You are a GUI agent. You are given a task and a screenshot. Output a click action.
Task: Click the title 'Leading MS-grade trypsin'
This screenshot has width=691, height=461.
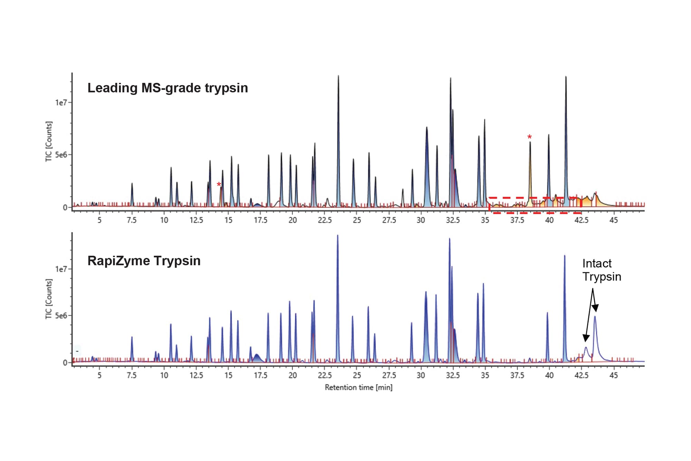click(168, 88)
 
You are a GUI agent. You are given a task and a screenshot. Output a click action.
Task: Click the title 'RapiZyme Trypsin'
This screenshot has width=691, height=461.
click(144, 261)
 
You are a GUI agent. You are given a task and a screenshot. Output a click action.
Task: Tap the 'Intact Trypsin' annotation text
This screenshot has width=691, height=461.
click(601, 270)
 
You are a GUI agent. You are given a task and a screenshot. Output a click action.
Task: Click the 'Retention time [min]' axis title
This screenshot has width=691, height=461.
click(358, 387)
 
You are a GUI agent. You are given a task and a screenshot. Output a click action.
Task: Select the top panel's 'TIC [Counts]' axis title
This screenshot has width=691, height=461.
click(49, 141)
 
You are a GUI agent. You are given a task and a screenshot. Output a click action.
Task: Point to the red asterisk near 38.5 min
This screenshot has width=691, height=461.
click(529, 137)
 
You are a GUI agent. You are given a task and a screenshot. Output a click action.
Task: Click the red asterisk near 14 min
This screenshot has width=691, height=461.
click(219, 185)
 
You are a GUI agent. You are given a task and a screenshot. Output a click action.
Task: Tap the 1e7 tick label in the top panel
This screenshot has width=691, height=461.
click(61, 103)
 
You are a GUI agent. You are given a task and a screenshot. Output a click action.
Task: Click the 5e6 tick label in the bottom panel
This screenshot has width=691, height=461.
click(61, 316)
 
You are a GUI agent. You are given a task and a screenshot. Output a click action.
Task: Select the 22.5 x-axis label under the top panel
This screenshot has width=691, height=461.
click(324, 220)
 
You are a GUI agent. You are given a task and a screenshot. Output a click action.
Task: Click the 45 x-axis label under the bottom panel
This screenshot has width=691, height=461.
click(613, 375)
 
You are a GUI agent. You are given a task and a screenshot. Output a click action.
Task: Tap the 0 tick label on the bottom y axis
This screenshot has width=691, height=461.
click(65, 363)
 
